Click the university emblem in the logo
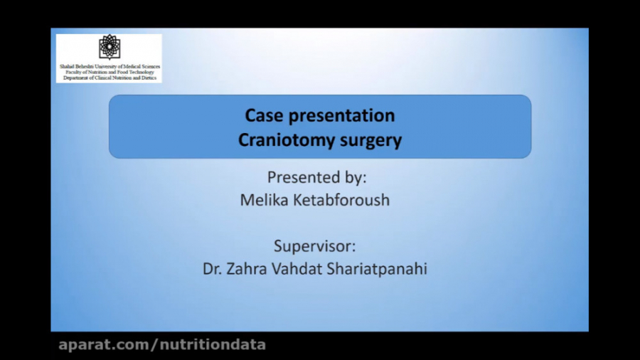point(109,47)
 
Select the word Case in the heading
point(262,115)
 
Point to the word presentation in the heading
point(339,115)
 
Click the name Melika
point(266,200)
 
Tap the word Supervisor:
point(314,246)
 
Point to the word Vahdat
point(304,269)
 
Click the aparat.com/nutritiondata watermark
point(162,345)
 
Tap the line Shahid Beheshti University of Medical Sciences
point(110,66)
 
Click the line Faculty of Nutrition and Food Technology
point(110,71)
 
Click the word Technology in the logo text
point(139,71)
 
